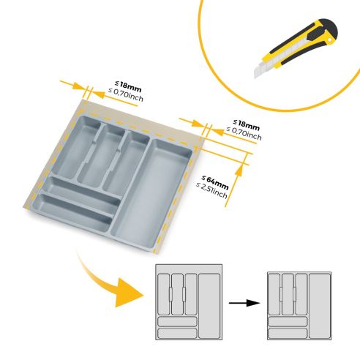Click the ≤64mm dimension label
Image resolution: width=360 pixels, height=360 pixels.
point(215,180)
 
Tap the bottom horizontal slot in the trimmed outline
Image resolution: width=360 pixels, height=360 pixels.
point(287,333)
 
